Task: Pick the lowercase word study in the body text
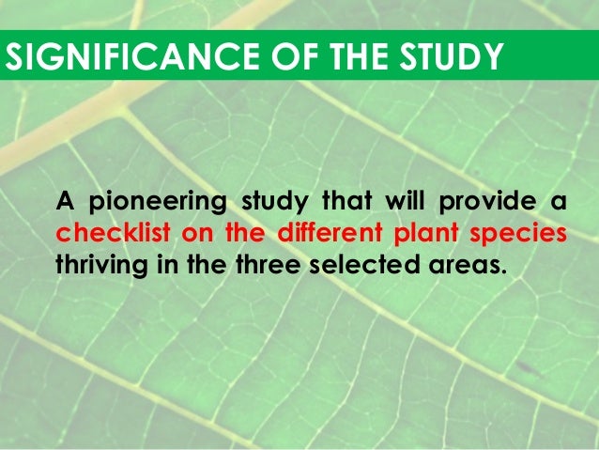click(276, 202)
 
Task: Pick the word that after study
click(347, 202)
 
